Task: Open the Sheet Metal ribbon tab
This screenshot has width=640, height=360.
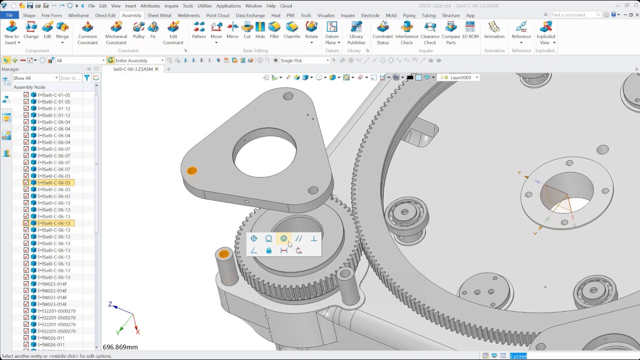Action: (159, 15)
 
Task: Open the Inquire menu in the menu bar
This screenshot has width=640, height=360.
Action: (171, 6)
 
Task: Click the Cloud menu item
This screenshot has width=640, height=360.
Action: (286, 6)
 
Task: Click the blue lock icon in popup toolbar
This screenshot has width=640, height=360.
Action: (269, 250)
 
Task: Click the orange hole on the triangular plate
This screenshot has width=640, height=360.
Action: (192, 171)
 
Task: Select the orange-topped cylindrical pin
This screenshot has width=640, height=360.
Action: (223, 254)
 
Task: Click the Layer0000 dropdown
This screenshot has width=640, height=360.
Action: (463, 77)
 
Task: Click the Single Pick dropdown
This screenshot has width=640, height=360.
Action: (304, 60)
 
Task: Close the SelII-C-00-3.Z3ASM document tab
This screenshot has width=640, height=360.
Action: (156, 69)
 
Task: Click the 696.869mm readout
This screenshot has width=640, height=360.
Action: (120, 347)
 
